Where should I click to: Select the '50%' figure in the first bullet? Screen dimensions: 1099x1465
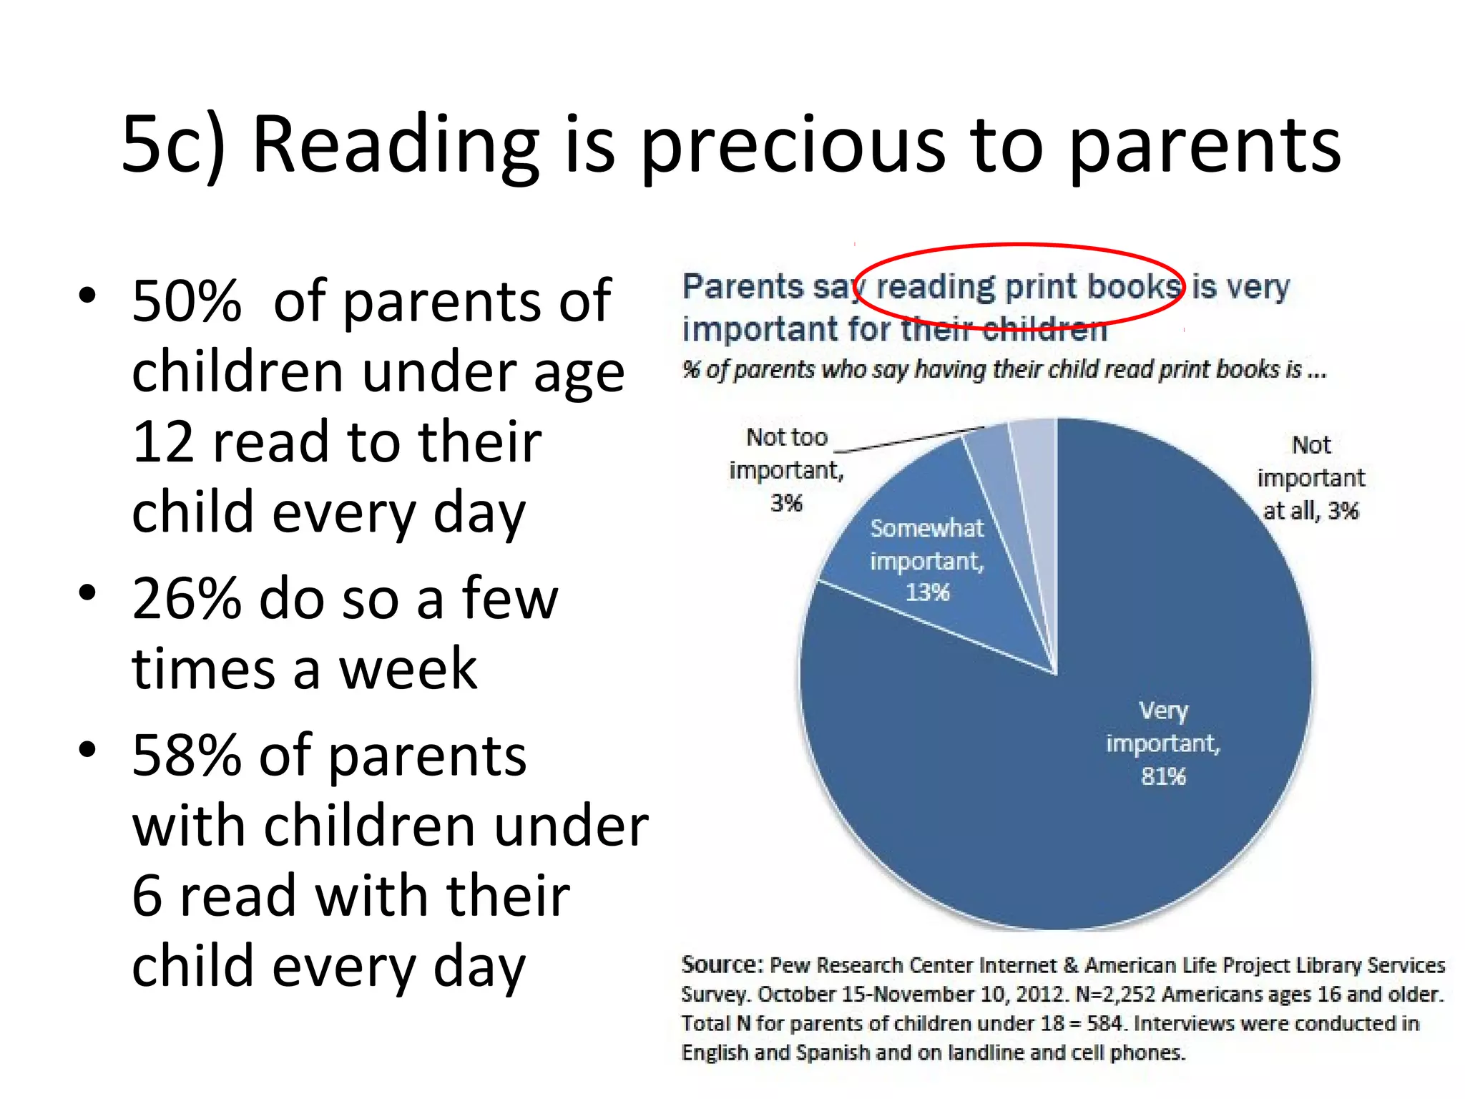186,301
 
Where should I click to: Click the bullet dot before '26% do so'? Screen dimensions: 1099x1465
87,593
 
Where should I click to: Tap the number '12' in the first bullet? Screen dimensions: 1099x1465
162,442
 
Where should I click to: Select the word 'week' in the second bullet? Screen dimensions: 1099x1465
408,669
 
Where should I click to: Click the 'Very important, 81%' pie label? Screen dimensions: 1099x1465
1162,743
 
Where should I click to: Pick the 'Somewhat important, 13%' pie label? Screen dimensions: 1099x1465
927,560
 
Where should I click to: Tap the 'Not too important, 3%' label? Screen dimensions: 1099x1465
786,470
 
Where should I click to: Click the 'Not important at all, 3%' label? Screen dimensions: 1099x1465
1310,478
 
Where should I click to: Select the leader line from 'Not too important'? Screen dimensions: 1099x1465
908,440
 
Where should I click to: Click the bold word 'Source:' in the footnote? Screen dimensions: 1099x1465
722,964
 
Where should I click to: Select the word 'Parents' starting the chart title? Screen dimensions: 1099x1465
742,287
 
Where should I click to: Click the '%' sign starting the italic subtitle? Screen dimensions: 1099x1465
690,369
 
